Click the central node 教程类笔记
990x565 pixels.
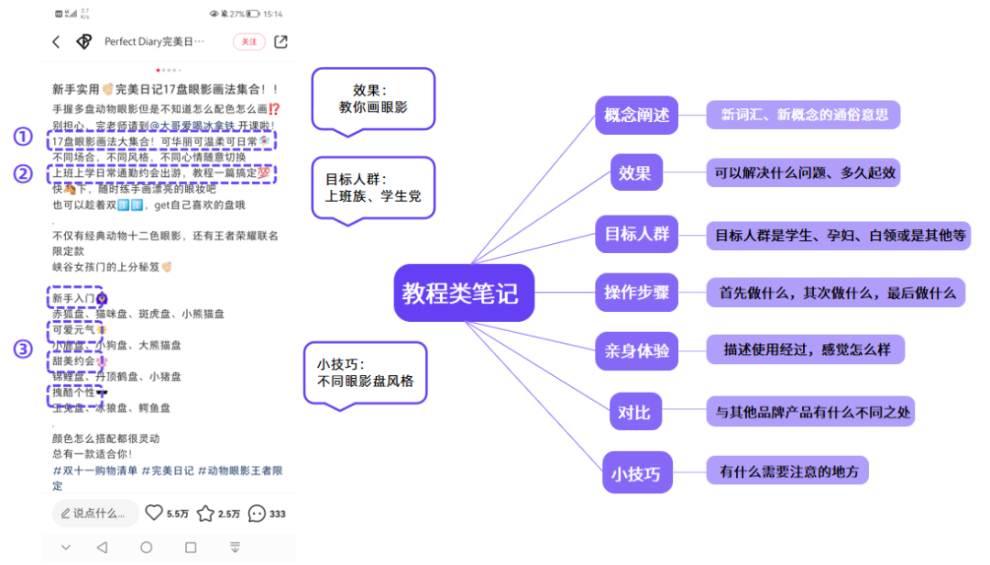tap(463, 294)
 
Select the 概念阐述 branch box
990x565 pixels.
tap(636, 116)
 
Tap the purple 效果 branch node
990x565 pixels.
tap(635, 172)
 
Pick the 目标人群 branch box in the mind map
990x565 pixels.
tap(636, 234)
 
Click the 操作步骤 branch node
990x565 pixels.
tap(636, 293)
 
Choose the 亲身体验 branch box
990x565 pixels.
tap(636, 350)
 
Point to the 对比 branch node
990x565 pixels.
tap(634, 412)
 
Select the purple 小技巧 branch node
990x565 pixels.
tap(635, 473)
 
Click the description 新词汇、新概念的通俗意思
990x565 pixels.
tap(804, 116)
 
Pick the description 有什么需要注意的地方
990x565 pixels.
tap(788, 471)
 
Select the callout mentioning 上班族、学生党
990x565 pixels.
tap(372, 187)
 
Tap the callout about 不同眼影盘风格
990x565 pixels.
tap(365, 372)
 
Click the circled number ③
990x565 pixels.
tap(22, 349)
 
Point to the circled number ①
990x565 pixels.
tap(22, 137)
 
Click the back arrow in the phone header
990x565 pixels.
tap(57, 41)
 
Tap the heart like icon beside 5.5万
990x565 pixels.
tap(154, 514)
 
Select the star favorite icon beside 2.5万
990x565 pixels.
tap(206, 514)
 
